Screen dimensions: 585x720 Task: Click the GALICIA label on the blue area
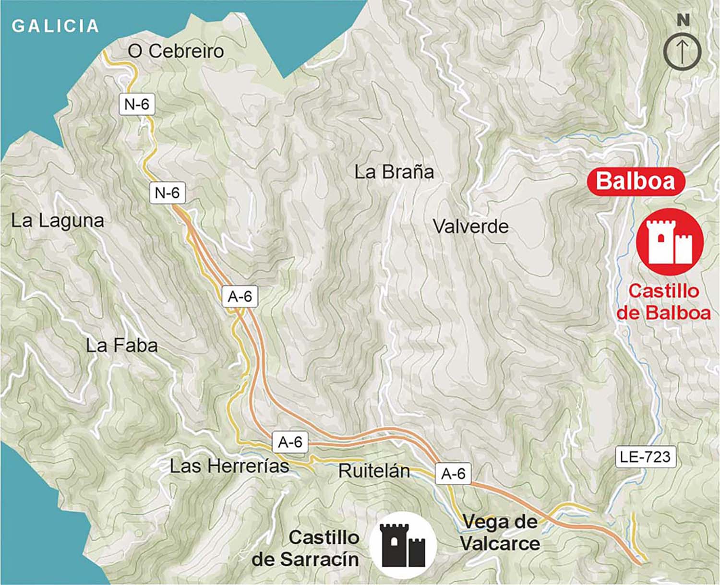[x=55, y=26]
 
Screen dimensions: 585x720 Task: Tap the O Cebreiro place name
[x=176, y=51]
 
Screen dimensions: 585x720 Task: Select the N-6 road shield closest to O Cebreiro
[x=137, y=104]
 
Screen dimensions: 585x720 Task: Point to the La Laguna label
[x=58, y=221]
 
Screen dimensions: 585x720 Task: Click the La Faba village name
[x=122, y=346]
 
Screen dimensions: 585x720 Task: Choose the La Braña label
[x=394, y=172]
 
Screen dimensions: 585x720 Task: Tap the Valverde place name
[x=470, y=227]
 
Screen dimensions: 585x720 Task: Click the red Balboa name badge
[x=636, y=181]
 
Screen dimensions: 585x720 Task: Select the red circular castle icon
[x=670, y=242]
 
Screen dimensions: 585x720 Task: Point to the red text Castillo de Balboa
[x=664, y=302]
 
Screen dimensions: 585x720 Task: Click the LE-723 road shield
[x=646, y=457]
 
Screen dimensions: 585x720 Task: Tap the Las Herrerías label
[x=229, y=466]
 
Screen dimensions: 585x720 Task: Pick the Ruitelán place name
[x=374, y=471]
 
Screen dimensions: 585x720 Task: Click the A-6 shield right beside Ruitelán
[x=453, y=474]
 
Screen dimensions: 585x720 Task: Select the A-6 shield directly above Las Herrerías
[x=290, y=442]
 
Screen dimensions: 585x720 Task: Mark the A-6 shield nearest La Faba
[x=240, y=297]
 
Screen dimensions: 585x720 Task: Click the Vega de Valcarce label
[x=500, y=533]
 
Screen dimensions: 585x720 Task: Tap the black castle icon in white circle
[x=403, y=545]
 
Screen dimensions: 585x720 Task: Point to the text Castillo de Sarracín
[x=306, y=549]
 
